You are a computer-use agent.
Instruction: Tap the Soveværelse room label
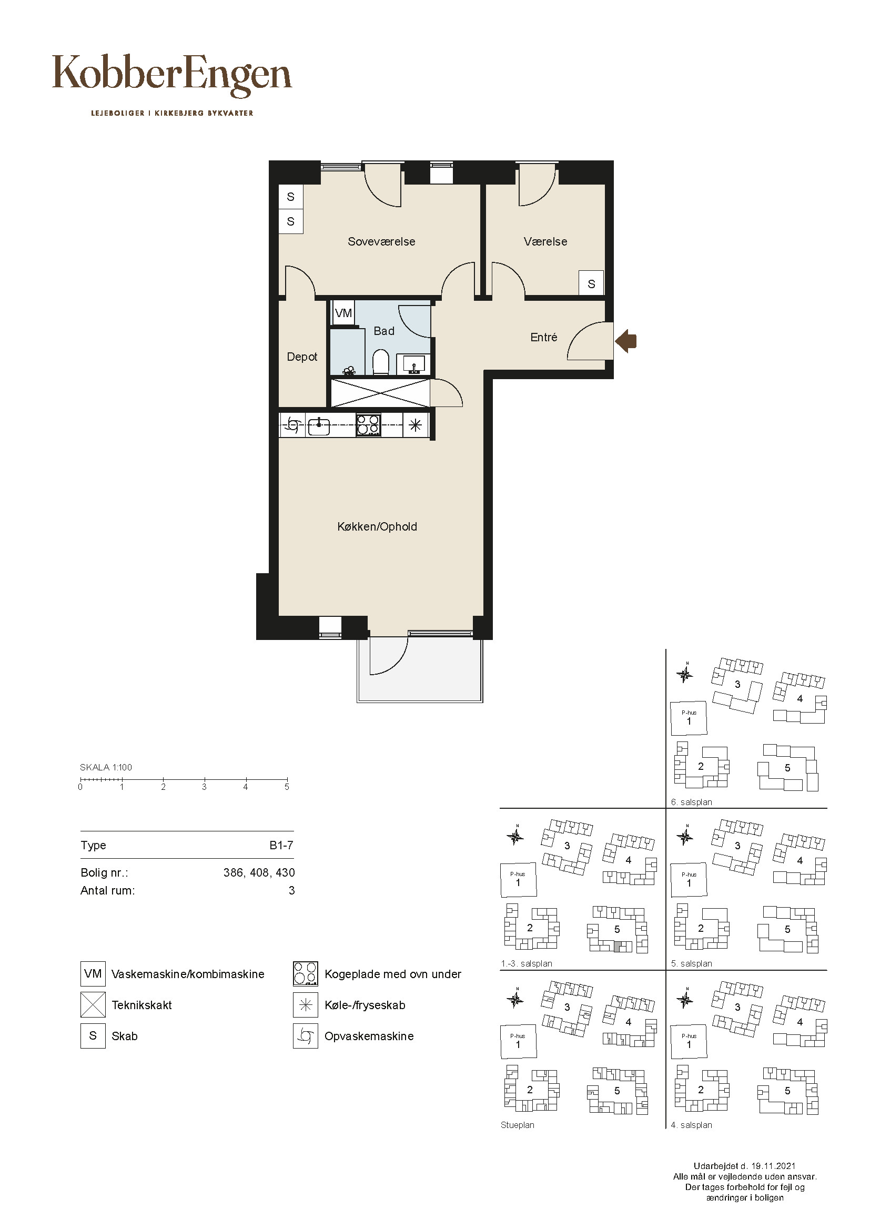coord(381,241)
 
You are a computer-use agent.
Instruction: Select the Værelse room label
coord(545,241)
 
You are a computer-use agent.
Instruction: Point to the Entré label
coord(544,337)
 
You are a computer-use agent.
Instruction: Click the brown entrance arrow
coord(626,341)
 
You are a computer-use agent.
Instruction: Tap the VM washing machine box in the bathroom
coord(343,313)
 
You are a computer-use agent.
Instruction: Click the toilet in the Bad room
coord(380,362)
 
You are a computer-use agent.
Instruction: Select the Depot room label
coord(302,357)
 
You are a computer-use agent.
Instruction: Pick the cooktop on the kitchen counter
coord(369,426)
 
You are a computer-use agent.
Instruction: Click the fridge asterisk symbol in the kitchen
coord(416,426)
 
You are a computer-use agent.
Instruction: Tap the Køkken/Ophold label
coord(377,526)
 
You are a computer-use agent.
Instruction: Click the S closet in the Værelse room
coord(591,283)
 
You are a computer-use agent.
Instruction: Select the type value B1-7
coord(281,846)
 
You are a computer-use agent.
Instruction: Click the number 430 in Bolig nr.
coord(285,873)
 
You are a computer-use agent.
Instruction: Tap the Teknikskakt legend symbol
coord(93,1005)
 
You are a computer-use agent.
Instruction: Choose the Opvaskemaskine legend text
coord(369,1036)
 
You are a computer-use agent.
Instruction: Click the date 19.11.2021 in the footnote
coord(773,1166)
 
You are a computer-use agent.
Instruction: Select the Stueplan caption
coord(518,1125)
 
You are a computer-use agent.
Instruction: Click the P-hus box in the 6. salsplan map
coord(689,718)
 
